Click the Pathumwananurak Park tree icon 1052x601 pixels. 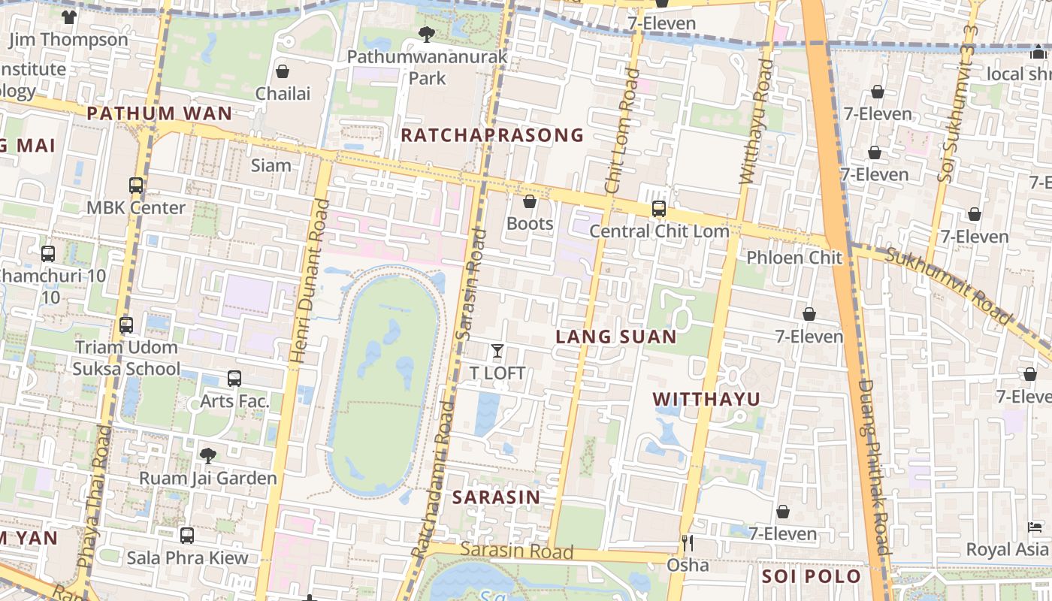click(x=426, y=34)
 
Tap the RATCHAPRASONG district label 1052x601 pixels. click(x=492, y=135)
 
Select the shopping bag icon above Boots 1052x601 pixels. click(x=530, y=201)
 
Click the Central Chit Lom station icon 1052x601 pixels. click(x=659, y=209)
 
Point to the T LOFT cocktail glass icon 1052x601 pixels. click(x=497, y=351)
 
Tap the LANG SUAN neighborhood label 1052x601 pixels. click(x=616, y=337)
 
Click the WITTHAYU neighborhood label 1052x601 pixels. click(x=706, y=399)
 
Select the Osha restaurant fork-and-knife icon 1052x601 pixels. click(x=687, y=542)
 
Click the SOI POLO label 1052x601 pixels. click(x=811, y=576)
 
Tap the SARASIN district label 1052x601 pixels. click(x=496, y=497)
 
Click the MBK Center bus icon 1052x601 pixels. click(x=136, y=186)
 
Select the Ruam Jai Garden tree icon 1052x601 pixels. click(x=208, y=455)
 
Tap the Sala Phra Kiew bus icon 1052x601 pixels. click(x=187, y=536)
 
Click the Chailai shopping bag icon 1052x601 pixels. click(x=283, y=71)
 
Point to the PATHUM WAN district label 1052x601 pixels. click(x=159, y=114)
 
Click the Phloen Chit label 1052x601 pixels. click(x=795, y=258)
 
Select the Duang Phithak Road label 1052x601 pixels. click(x=874, y=466)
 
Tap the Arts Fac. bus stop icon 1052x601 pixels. click(x=234, y=379)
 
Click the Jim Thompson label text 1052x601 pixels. click(x=68, y=39)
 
